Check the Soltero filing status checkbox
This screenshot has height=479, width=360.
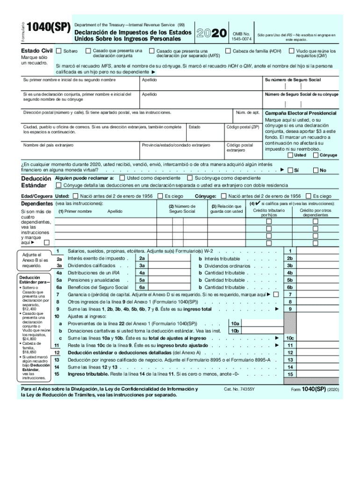58,51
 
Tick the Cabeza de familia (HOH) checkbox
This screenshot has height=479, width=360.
228,51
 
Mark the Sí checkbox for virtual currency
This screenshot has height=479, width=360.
290,170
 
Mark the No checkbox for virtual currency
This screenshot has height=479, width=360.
316,170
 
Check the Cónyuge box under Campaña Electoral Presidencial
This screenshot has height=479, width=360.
316,155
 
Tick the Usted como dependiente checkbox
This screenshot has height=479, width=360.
123,178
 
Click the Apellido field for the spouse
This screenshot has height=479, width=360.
201,99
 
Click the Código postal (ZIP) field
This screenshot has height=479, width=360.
243,132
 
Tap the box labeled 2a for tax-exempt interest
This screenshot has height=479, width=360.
142,258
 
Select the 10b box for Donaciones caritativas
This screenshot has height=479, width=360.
235,331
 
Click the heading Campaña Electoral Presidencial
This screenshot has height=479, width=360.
300,113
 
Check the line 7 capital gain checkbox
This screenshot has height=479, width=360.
275,294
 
